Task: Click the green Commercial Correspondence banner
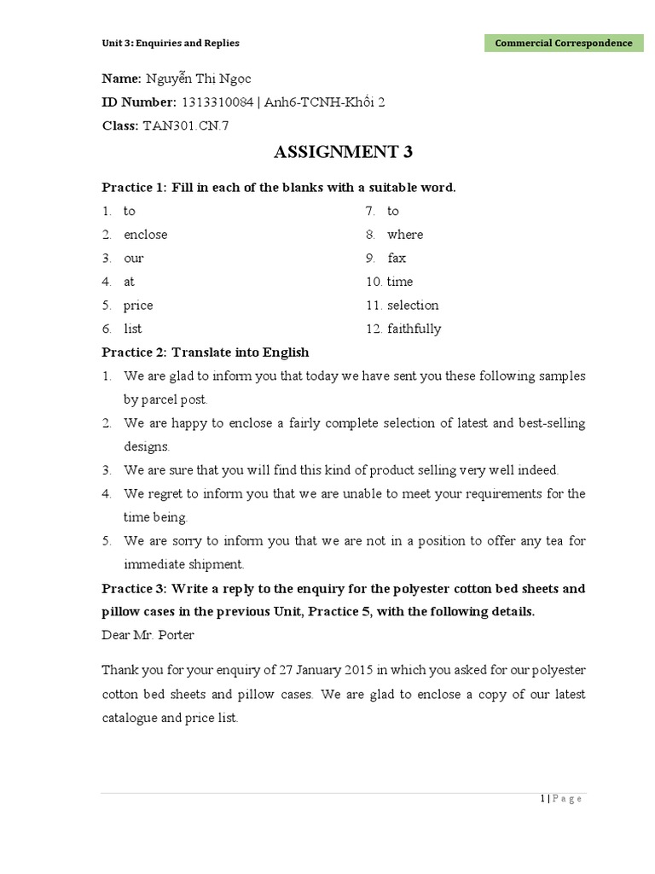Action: (x=564, y=43)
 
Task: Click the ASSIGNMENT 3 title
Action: (x=343, y=153)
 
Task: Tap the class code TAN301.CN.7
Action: (x=187, y=125)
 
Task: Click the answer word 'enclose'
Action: (x=145, y=234)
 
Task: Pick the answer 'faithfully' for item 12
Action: (x=414, y=329)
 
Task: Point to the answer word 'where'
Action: (x=404, y=234)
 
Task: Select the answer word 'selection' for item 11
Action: (x=413, y=305)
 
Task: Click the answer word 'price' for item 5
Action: (x=138, y=305)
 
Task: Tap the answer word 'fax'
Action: (x=397, y=258)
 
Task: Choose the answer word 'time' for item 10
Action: (x=399, y=282)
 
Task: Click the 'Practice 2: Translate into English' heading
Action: (x=206, y=352)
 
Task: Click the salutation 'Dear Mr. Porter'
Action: (x=148, y=635)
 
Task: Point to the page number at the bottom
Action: (x=560, y=799)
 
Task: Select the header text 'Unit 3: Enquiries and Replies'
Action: (x=171, y=43)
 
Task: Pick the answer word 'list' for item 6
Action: (x=132, y=329)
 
